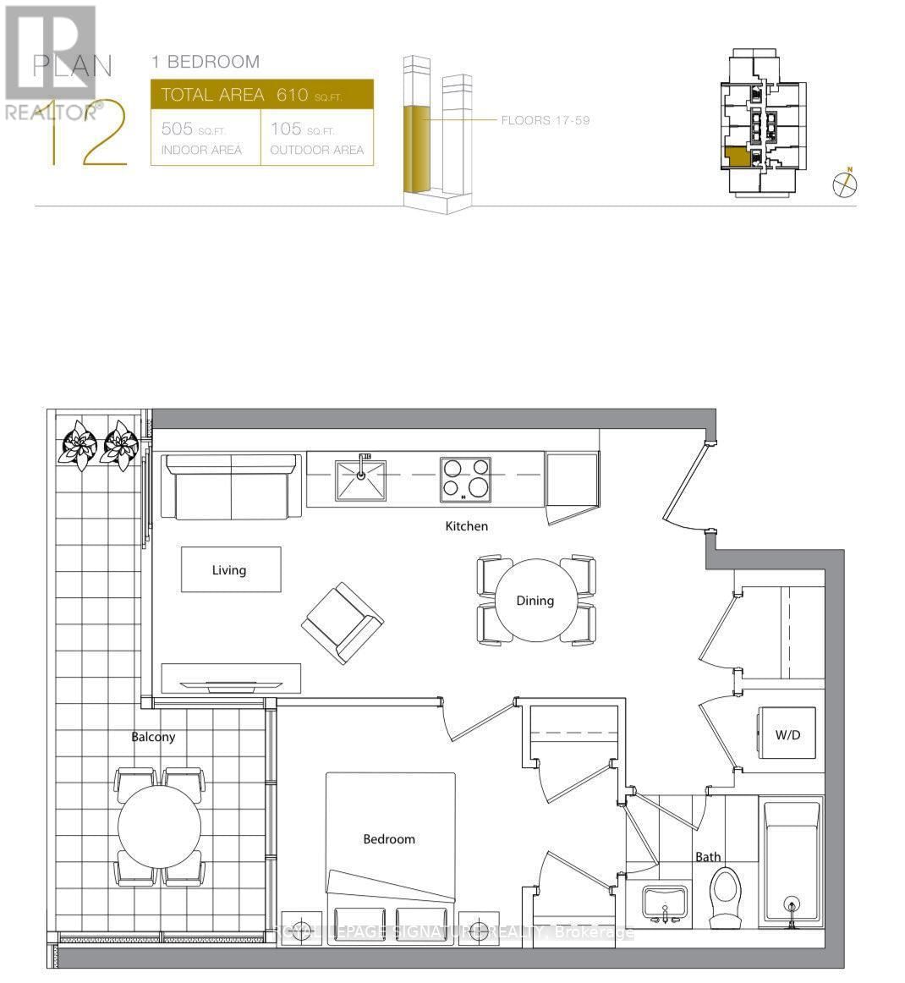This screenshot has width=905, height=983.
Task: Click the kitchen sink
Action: pyautogui.click(x=360, y=480)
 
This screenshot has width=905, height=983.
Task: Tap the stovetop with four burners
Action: pyautogui.click(x=465, y=478)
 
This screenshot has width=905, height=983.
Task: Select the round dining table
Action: pyautogui.click(x=535, y=601)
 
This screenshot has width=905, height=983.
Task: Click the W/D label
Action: pyautogui.click(x=787, y=735)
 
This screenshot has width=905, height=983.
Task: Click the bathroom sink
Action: pyautogui.click(x=665, y=903)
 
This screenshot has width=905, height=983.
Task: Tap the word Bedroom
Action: pyautogui.click(x=389, y=839)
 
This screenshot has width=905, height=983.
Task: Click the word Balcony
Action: pyautogui.click(x=153, y=737)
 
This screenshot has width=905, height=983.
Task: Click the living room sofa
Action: pyautogui.click(x=232, y=487)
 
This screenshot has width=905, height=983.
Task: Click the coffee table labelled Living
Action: pyautogui.click(x=230, y=569)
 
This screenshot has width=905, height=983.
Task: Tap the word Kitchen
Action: pyautogui.click(x=467, y=526)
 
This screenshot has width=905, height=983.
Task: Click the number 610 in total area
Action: pyautogui.click(x=292, y=95)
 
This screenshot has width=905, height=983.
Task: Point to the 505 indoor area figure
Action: pyautogui.click(x=177, y=129)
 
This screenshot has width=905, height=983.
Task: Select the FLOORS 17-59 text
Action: pyautogui.click(x=545, y=120)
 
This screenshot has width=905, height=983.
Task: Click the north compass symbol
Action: pyautogui.click(x=844, y=183)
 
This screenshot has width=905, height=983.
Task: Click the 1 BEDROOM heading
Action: pyautogui.click(x=206, y=62)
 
